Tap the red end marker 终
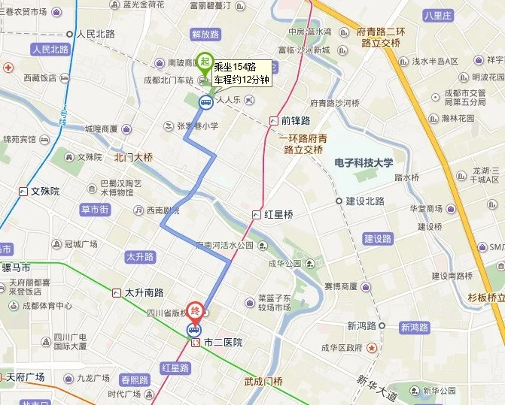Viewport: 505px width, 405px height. pyautogui.click(x=196, y=310)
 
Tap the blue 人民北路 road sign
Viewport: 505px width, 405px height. pyautogui.click(x=50, y=50)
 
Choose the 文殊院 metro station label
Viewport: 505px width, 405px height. pyautogui.click(x=45, y=191)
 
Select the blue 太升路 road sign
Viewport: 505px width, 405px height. pyautogui.click(x=140, y=257)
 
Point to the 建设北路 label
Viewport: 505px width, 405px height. pyautogui.click(x=365, y=201)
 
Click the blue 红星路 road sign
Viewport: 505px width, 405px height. pyautogui.click(x=175, y=367)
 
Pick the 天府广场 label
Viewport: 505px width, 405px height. pyautogui.click(x=25, y=377)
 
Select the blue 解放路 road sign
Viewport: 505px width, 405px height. pyautogui.click(x=205, y=35)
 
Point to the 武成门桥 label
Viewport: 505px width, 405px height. pyautogui.click(x=263, y=381)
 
